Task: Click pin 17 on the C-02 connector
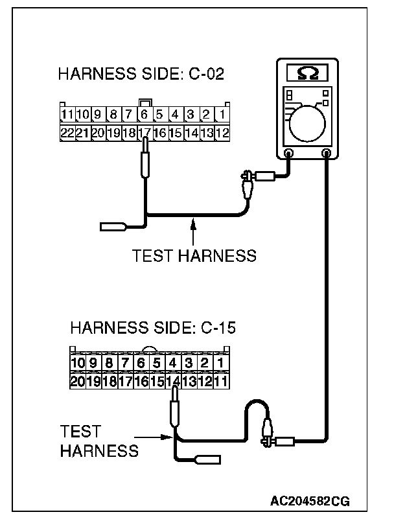coord(145,133)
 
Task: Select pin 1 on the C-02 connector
coord(222,115)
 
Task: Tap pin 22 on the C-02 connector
coord(66,133)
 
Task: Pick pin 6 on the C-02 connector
coord(145,115)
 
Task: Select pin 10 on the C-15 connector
coord(78,364)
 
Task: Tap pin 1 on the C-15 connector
coord(220,364)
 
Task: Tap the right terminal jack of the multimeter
coord(327,154)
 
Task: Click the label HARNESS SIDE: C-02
coord(141,74)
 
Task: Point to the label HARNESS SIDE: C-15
coord(152,327)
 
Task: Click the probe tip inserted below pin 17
coord(145,162)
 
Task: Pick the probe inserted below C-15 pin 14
coord(173,412)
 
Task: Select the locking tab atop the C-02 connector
coord(145,102)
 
